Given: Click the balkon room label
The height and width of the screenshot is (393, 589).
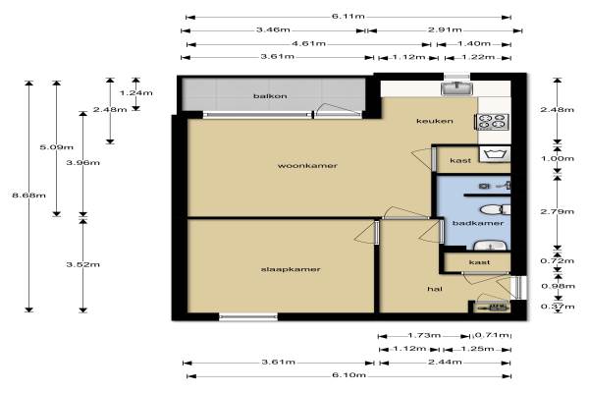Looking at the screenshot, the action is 270,96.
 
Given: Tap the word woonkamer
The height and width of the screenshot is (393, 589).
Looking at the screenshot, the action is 307,166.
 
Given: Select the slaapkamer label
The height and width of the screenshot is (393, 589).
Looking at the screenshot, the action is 291,269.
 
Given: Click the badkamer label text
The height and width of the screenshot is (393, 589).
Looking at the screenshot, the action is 478,223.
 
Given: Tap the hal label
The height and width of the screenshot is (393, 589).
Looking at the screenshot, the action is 435,289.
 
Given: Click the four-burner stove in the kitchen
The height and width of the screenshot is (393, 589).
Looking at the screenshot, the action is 493,122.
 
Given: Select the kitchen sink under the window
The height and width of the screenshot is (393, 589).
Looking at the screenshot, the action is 456,88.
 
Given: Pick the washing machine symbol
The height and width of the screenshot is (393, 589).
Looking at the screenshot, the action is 495,154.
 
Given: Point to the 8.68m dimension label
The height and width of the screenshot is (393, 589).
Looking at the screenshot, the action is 28,196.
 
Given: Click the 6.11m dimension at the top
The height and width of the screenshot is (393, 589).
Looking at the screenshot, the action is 348,17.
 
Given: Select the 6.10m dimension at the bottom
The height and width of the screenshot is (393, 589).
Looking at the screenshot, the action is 348,375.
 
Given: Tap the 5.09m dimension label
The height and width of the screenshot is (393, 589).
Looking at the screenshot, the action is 56,147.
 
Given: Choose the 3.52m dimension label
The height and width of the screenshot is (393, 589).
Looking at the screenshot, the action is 83,264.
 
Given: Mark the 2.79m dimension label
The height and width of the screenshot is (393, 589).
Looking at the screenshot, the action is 557,212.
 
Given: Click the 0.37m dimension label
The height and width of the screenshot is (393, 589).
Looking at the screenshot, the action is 558,307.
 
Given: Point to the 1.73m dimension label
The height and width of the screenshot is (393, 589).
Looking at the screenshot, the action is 424,335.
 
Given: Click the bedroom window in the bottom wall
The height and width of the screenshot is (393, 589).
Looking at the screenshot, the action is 248,317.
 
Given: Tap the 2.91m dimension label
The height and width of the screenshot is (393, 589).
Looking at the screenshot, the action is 445,29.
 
